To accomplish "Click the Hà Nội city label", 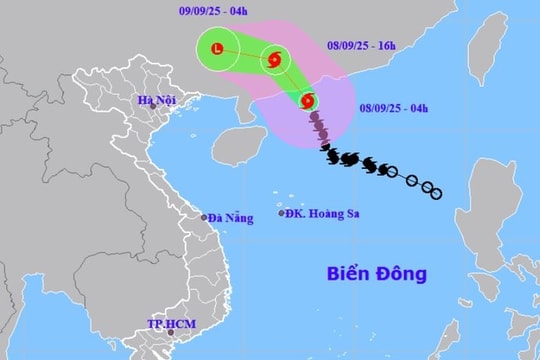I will click(x=158, y=99).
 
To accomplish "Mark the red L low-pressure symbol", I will click(x=218, y=47).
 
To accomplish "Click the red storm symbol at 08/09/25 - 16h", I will click(x=272, y=61).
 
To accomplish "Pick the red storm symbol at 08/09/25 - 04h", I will click(x=307, y=101).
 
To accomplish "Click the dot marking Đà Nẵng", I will click(x=203, y=217).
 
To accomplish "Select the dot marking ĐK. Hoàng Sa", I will click(x=281, y=213).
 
